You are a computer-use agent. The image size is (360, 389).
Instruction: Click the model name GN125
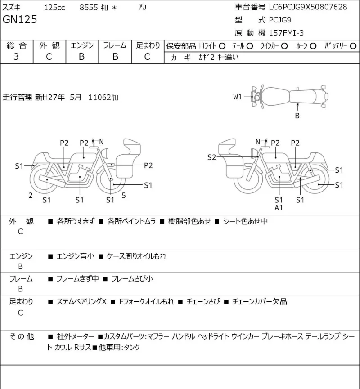tap(20, 19)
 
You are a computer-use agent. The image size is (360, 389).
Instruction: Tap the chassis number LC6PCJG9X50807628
tap(308, 7)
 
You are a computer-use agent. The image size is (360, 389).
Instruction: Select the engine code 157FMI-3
tap(286, 33)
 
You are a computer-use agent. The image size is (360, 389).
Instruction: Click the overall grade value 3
tap(16, 57)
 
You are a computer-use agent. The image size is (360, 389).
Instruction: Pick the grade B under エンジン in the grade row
tap(82, 57)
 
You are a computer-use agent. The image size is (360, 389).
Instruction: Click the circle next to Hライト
tap(222, 46)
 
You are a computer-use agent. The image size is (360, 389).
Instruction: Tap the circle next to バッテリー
tap(353, 46)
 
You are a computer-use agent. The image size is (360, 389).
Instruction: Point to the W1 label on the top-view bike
tap(237, 97)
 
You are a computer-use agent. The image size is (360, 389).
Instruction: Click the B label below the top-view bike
tap(297, 116)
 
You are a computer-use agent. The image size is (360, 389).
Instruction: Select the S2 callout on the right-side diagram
tap(211, 157)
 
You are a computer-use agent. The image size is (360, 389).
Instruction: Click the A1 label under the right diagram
tap(279, 208)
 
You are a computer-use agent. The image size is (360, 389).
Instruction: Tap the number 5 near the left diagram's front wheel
tap(124, 196)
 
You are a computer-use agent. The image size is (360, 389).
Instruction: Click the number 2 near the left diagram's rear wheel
tap(31, 196)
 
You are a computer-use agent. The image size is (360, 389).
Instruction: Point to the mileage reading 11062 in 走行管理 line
tap(99, 98)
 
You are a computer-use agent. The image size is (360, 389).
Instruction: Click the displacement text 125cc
tap(54, 8)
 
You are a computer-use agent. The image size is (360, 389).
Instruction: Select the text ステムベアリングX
tap(81, 301)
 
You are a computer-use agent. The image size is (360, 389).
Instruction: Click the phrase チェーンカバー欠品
tap(260, 301)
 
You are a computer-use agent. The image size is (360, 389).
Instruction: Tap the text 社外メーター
tap(75, 336)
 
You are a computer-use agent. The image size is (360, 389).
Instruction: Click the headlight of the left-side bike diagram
tap(105, 152)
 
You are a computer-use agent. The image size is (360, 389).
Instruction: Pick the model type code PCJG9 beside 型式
tap(280, 20)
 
